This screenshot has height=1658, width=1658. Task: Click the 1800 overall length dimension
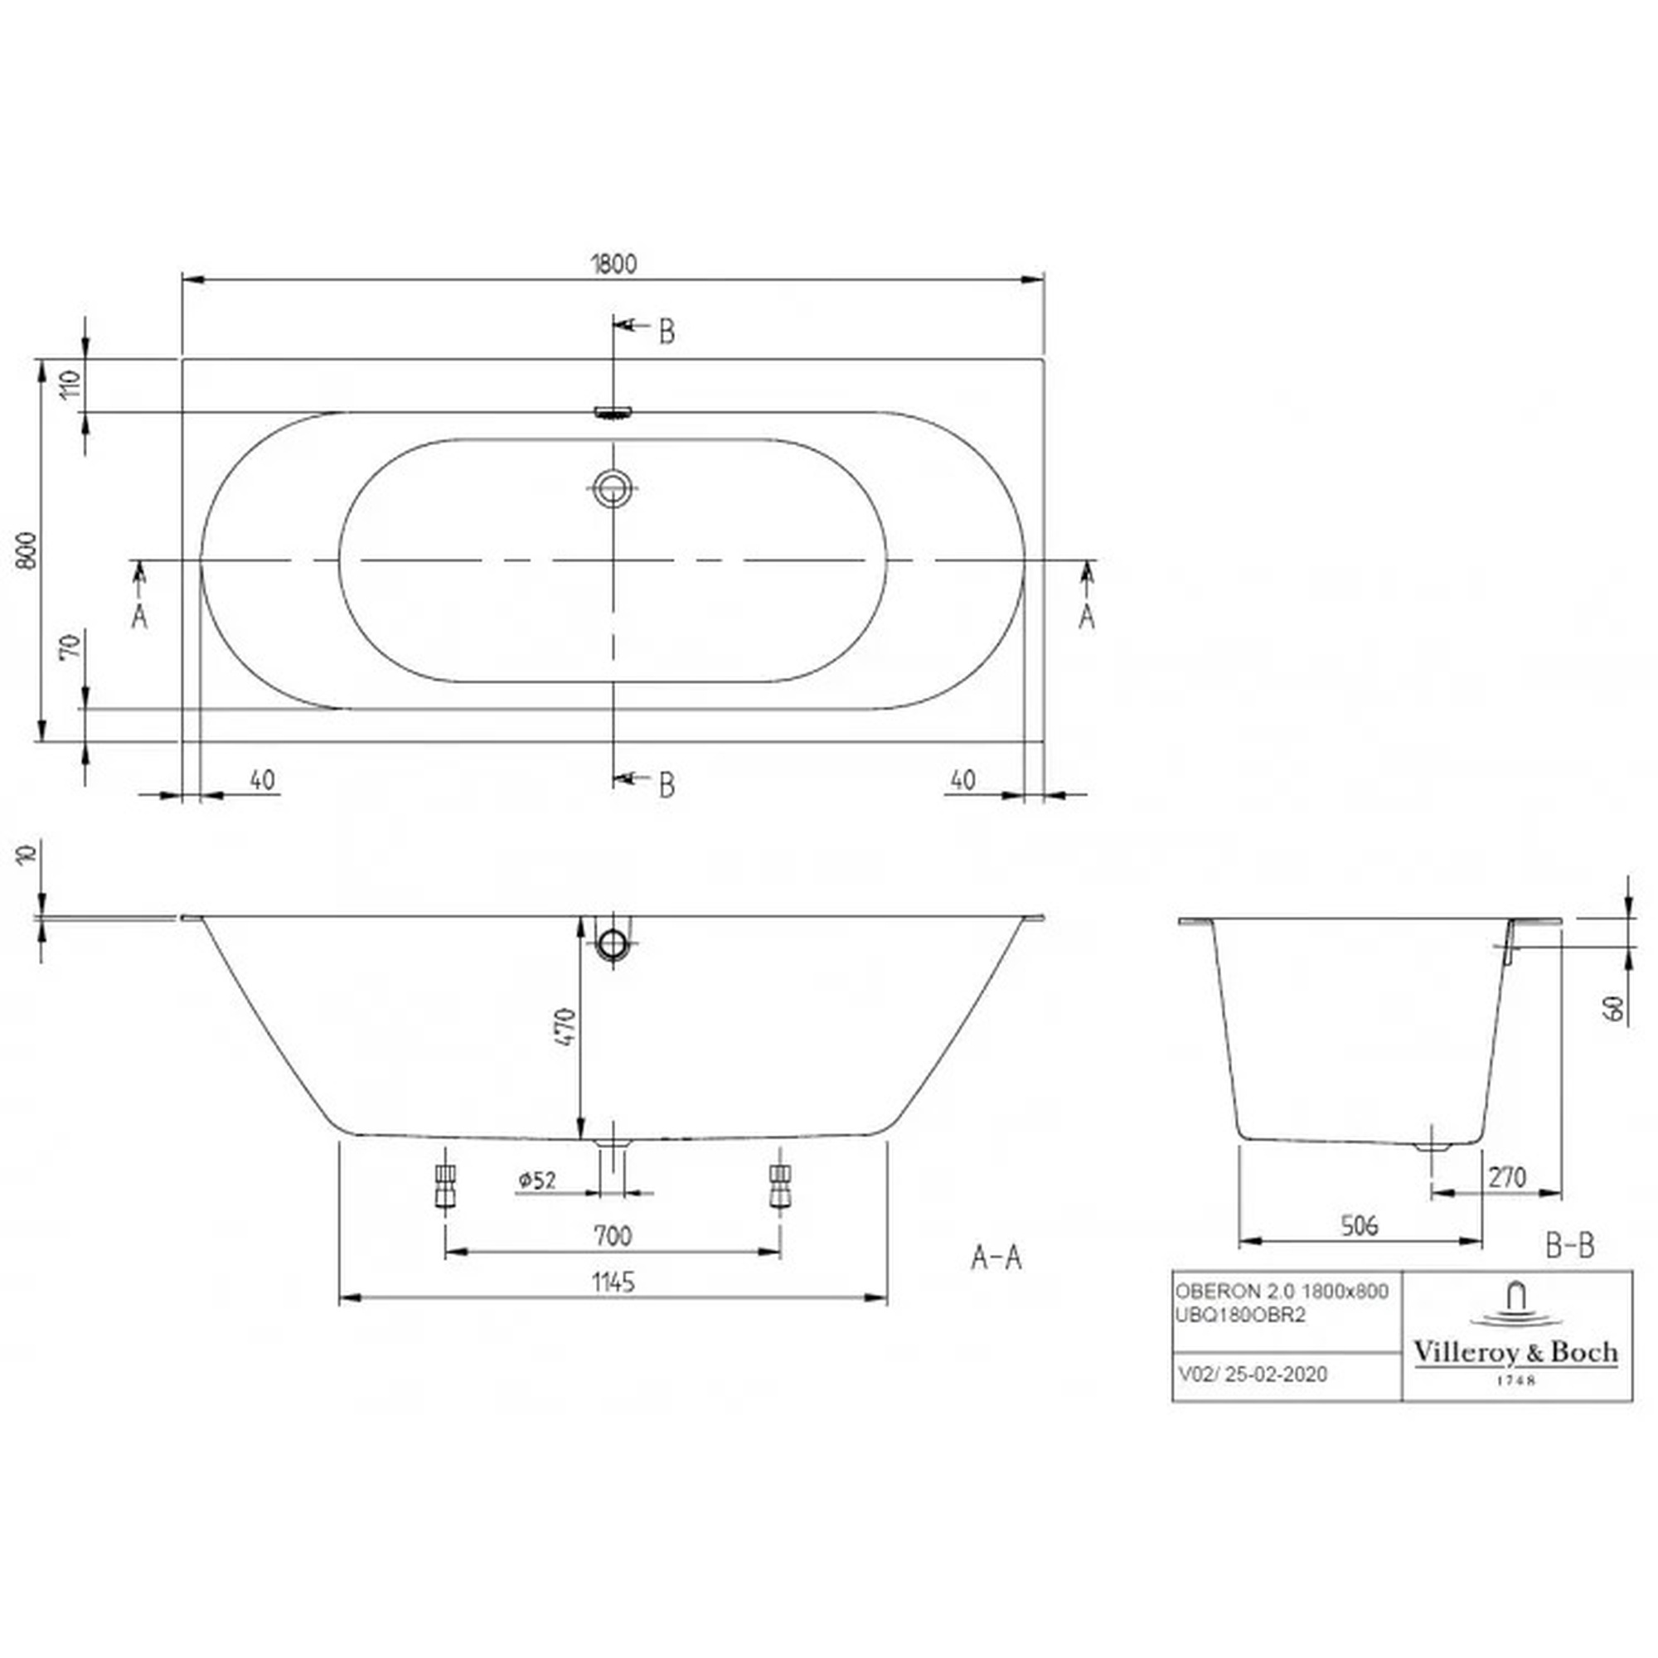(x=613, y=264)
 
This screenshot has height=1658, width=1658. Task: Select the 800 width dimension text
(x=28, y=550)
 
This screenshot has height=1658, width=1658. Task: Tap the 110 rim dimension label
(x=71, y=383)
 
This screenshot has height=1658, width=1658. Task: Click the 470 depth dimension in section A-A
(x=565, y=1026)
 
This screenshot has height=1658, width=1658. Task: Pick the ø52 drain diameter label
(x=537, y=1180)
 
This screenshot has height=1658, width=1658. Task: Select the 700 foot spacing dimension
(x=613, y=1236)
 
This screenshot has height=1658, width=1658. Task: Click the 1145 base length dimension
(x=613, y=1282)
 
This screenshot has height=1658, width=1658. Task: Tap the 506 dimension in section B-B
(x=1360, y=1225)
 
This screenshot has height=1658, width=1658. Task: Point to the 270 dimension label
(x=1507, y=1176)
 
